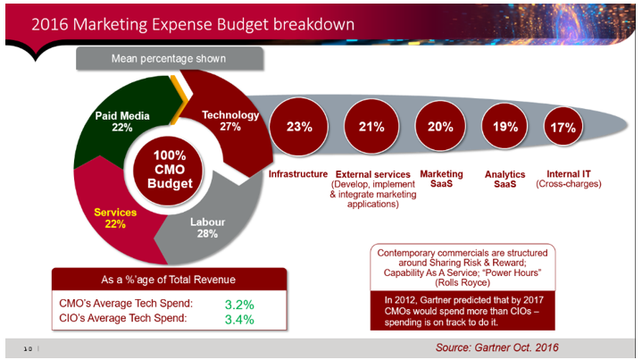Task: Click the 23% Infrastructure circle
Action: [x=299, y=127]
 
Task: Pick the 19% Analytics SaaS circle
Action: [x=504, y=127]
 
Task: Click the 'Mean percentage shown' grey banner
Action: [x=168, y=59]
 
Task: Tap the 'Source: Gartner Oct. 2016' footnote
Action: [x=497, y=346]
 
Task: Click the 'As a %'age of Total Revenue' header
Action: [x=169, y=279]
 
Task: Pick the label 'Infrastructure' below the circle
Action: [x=299, y=174]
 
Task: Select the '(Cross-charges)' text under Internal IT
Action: [x=570, y=185]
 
